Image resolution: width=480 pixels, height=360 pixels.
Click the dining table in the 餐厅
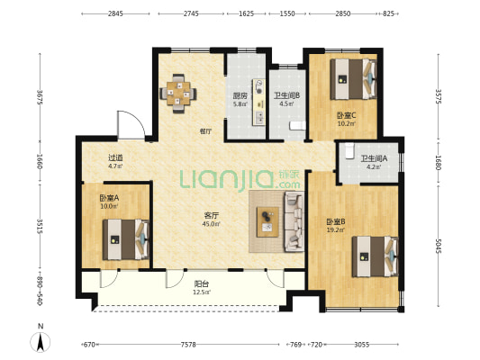(178, 94)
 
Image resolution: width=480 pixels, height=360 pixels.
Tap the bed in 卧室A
(126, 239)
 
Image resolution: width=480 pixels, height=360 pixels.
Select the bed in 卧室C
(354, 79)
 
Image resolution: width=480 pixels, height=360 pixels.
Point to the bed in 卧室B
(376, 256)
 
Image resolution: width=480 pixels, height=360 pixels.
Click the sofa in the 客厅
(294, 221)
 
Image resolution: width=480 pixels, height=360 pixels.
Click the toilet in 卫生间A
(349, 150)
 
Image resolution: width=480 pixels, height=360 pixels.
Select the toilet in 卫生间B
(297, 125)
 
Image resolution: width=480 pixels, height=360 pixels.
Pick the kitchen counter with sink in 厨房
(259, 103)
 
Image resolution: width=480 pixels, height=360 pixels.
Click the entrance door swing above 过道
(131, 125)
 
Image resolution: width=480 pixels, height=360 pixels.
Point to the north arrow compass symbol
(41, 342)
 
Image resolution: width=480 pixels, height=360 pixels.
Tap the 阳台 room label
(202, 284)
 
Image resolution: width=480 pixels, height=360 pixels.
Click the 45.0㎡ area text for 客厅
(212, 224)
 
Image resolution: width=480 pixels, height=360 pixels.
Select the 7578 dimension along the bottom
(188, 345)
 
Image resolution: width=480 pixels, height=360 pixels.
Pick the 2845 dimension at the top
(115, 13)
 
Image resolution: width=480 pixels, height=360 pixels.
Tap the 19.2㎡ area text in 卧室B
(336, 229)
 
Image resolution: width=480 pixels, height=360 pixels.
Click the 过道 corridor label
(115, 157)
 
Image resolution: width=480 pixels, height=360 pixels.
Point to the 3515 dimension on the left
(40, 226)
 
